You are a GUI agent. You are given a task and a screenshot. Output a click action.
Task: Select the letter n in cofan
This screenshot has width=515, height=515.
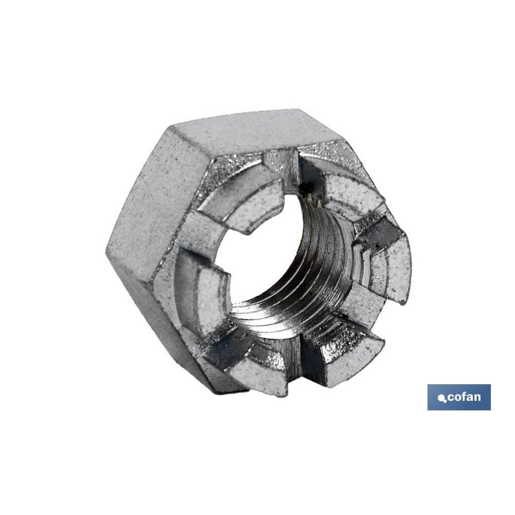tap(477, 398)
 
